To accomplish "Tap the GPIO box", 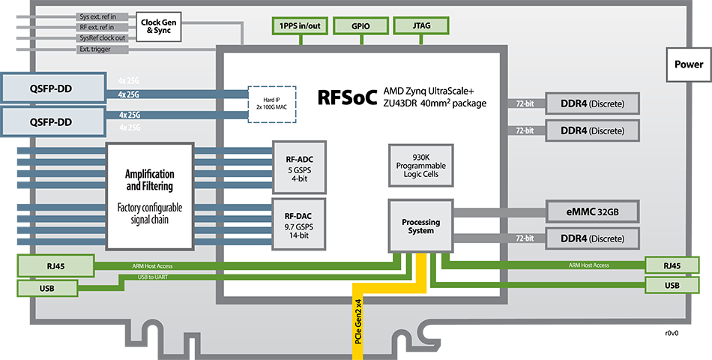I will [360, 25].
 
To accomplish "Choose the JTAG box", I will [420, 25].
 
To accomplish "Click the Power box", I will [688, 64].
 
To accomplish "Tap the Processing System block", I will [420, 226].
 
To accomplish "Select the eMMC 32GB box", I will [593, 211].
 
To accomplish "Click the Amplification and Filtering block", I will [150, 196].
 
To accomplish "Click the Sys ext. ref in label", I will [98, 16].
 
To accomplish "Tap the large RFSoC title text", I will [347, 96].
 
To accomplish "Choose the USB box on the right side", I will [672, 285].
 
